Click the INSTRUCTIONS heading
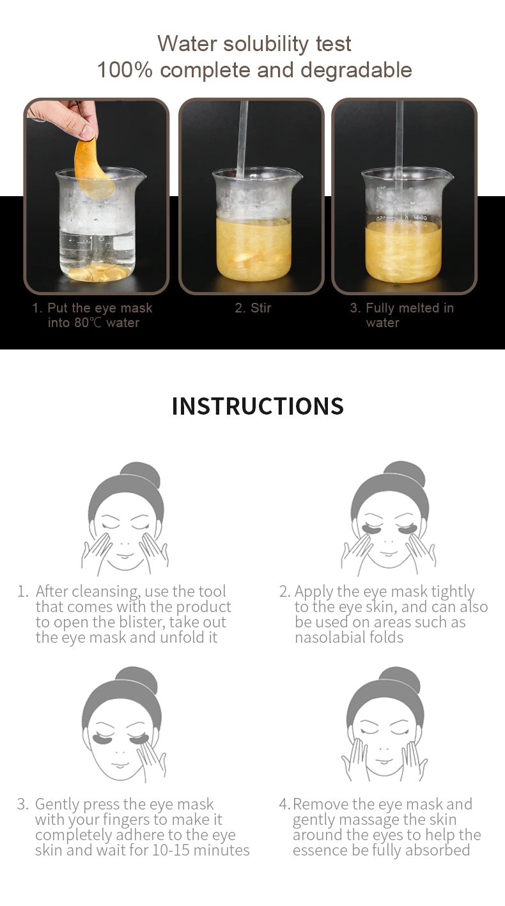click(x=258, y=406)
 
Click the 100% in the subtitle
click(x=125, y=70)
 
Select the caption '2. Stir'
click(x=253, y=308)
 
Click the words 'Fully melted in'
click(x=410, y=308)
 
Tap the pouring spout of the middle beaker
click(x=297, y=174)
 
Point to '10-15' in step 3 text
click(x=171, y=850)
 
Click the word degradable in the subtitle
click(x=356, y=70)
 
